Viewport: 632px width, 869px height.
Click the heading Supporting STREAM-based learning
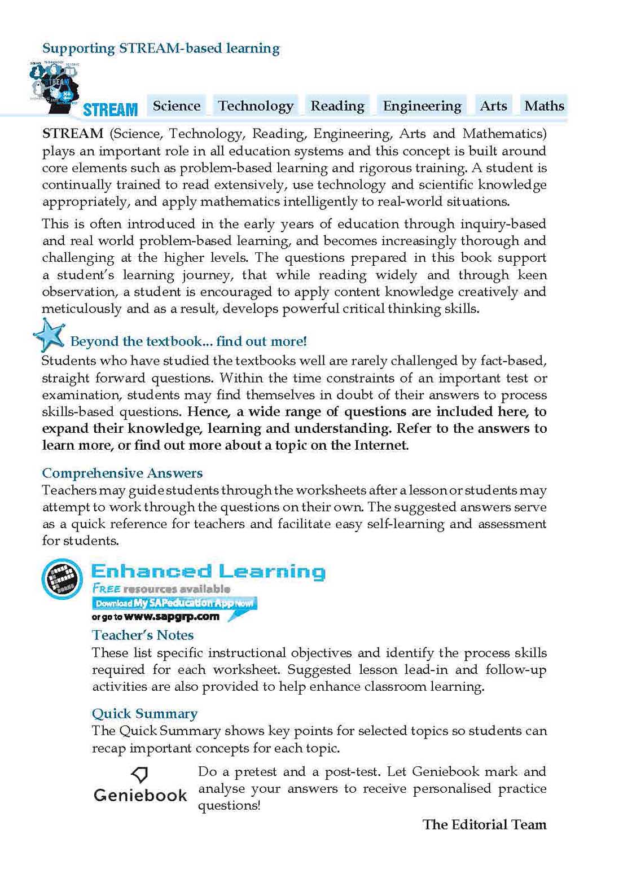pyautogui.click(x=161, y=49)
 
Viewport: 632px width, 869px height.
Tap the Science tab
pyautogui.click(x=177, y=106)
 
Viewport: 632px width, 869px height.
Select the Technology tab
pyautogui.click(x=256, y=106)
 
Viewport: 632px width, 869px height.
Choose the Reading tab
pyautogui.click(x=337, y=106)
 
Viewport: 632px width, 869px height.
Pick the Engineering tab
pyautogui.click(x=422, y=106)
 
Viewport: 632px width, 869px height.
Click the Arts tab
pyautogui.click(x=493, y=106)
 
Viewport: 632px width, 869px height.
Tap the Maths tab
pyautogui.click(x=544, y=106)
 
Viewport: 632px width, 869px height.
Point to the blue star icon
pyautogui.click(x=50, y=335)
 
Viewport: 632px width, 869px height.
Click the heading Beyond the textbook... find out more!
pyautogui.click(x=188, y=341)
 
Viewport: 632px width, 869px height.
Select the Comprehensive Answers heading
pyautogui.click(x=122, y=473)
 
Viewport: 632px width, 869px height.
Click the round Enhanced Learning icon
pyautogui.click(x=62, y=579)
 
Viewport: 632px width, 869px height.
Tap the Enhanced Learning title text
pyautogui.click(x=208, y=571)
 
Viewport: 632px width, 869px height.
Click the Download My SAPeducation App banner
pyautogui.click(x=174, y=603)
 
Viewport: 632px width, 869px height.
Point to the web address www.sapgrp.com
pyautogui.click(x=172, y=617)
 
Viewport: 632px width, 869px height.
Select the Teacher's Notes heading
pyautogui.click(x=143, y=635)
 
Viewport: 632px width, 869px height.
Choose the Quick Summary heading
pyautogui.click(x=144, y=714)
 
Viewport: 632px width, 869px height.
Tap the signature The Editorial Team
pyautogui.click(x=484, y=824)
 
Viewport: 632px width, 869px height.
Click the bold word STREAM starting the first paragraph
pyautogui.click(x=73, y=134)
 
